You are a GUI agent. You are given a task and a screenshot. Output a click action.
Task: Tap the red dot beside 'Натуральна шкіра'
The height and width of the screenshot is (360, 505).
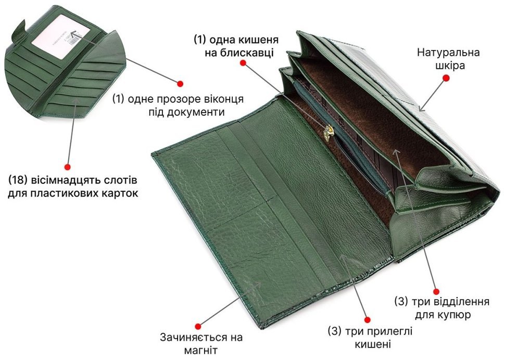point(446,78)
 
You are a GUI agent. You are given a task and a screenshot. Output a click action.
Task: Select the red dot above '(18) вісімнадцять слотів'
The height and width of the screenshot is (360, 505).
point(67,167)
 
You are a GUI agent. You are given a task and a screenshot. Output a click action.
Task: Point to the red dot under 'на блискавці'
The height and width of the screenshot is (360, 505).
point(244,63)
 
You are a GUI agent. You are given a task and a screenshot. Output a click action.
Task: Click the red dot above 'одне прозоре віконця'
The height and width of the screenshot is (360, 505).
point(180,84)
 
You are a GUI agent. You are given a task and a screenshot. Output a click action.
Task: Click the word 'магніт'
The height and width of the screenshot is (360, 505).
point(201,350)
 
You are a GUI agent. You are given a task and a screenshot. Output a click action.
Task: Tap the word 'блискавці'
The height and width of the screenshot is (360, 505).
point(247,53)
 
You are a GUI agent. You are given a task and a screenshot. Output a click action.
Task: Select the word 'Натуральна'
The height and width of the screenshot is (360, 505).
point(448,52)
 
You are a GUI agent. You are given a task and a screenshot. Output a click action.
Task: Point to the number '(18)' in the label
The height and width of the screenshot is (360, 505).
point(18,180)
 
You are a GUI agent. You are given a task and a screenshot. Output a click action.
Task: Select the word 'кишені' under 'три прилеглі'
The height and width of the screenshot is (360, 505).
point(373,344)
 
